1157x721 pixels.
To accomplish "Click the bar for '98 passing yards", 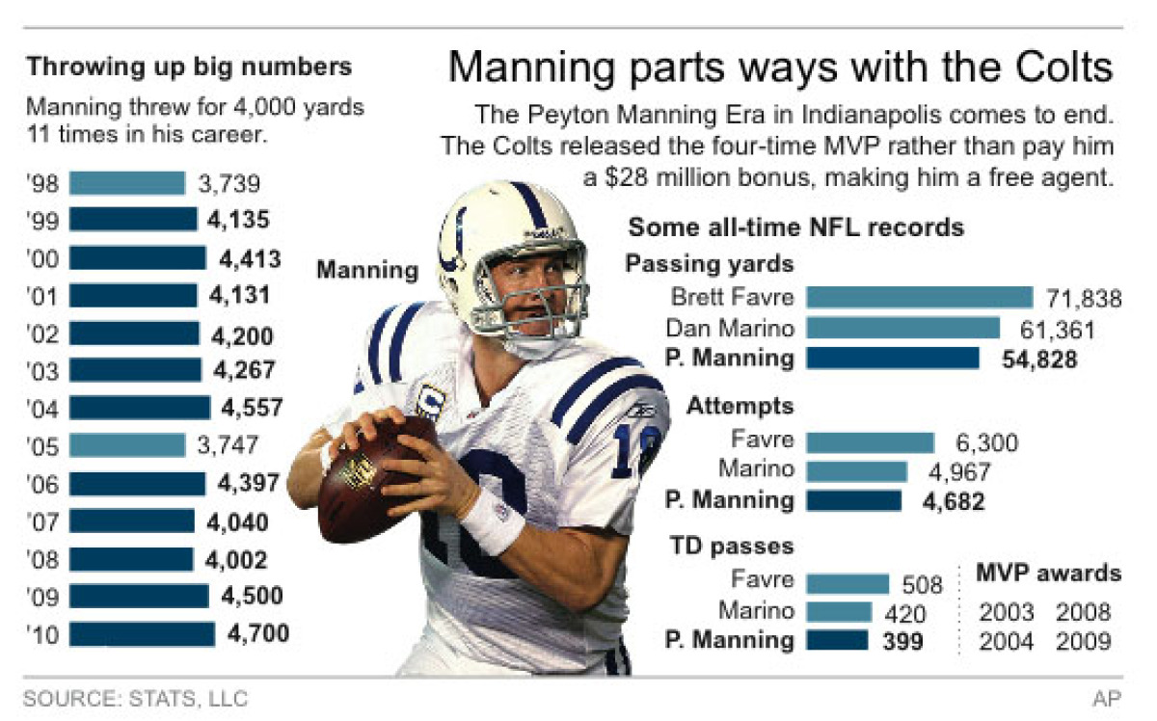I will click(x=126, y=183).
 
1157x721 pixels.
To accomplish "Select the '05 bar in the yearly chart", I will click(x=126, y=445).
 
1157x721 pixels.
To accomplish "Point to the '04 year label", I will click(x=44, y=409).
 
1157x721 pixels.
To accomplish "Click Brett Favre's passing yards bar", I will click(x=919, y=298).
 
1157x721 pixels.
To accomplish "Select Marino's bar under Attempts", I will click(x=856, y=470).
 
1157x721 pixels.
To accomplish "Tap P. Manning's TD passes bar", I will click(x=837, y=641).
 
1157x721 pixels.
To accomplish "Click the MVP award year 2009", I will click(x=1083, y=641).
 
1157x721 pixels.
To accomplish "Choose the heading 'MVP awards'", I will click(x=1048, y=574).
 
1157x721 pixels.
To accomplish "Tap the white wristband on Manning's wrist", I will click(x=492, y=521).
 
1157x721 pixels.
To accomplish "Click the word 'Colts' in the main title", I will click(x=1062, y=68).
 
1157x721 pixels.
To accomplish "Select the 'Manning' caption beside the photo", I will click(x=367, y=271).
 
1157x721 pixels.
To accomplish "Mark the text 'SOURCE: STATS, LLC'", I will click(x=135, y=698).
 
